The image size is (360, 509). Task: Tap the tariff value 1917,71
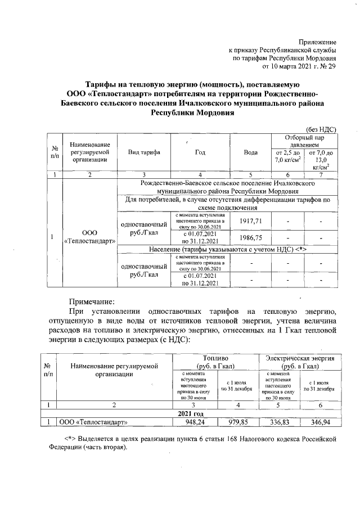(251, 222)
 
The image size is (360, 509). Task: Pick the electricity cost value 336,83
(279, 422)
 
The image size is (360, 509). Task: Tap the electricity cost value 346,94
(319, 422)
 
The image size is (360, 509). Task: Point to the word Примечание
(92, 301)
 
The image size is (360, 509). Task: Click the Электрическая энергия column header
(300, 358)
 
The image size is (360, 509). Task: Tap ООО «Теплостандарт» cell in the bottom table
(93, 422)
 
